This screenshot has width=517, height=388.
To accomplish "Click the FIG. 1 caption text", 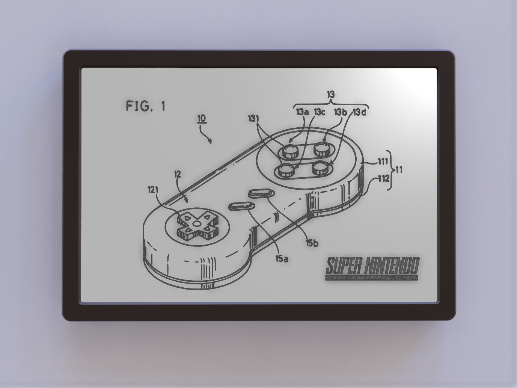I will [145, 106].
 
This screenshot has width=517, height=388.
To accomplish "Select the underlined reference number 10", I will [202, 119].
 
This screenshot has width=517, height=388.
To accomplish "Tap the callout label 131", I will [254, 119].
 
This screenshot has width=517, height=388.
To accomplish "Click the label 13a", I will [303, 112].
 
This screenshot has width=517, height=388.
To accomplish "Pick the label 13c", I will [320, 112].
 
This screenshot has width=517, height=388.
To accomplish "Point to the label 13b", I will [341, 112].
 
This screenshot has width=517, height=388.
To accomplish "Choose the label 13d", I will [359, 112].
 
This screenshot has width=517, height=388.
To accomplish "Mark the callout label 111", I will [383, 162].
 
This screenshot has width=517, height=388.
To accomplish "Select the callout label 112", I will [383, 178].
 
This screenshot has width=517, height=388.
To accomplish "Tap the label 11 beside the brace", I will [399, 170].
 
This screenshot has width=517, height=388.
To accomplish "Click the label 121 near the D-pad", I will [153, 190].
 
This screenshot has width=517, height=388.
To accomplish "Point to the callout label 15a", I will [282, 258].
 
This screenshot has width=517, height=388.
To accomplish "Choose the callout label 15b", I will [312, 243].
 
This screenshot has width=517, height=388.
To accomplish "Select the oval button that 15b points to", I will [261, 193].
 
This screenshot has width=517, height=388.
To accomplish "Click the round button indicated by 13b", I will [322, 149].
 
